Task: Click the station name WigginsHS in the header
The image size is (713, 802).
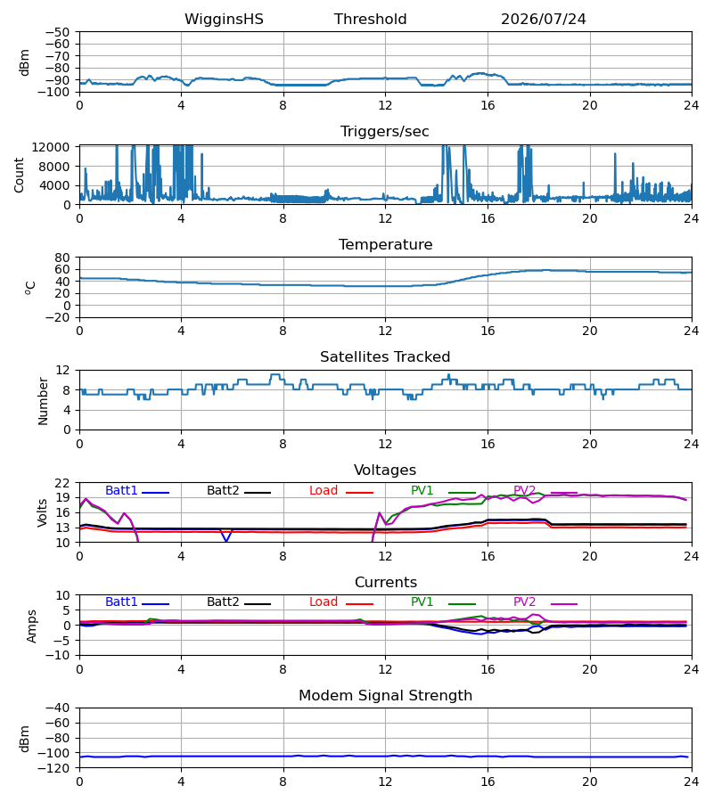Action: (224, 20)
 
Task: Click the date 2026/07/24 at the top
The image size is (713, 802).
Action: (543, 20)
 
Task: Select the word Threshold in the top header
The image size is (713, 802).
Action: (370, 20)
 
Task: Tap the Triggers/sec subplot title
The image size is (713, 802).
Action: (385, 132)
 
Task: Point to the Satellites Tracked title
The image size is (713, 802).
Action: (385, 357)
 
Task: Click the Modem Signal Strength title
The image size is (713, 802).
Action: (385, 696)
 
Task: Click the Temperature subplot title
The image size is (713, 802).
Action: (385, 244)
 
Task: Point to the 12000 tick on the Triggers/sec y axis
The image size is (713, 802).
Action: (51, 147)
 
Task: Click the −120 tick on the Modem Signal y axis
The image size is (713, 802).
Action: (57, 768)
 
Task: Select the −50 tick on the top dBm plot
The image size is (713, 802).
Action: (57, 32)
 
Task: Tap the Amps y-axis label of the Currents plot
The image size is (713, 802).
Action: (32, 626)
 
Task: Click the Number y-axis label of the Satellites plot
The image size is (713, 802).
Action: (43, 401)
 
